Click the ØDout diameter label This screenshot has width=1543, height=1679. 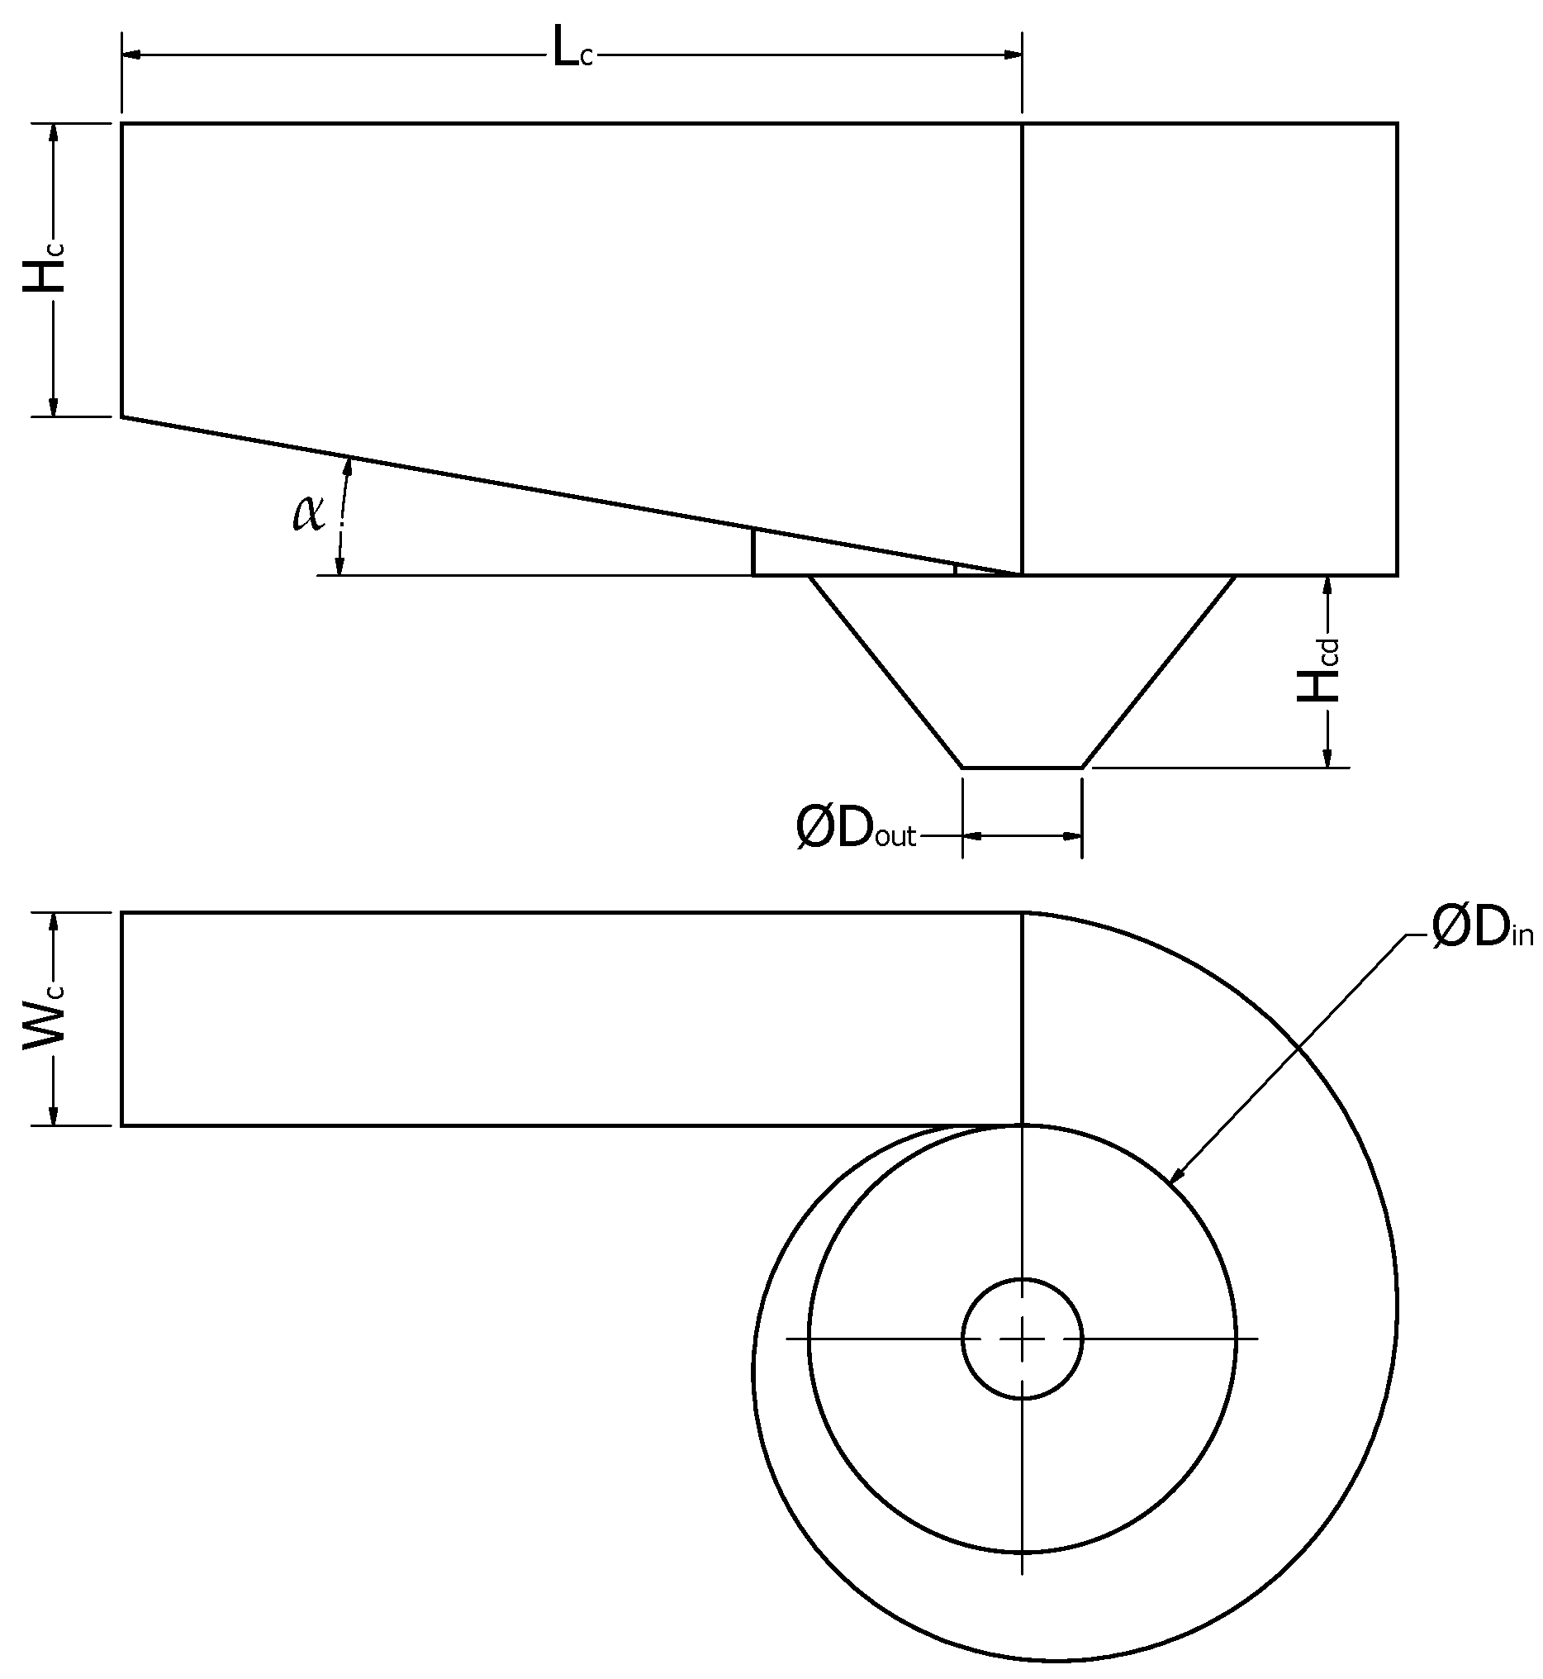pos(856,830)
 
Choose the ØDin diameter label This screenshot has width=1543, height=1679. pos(1482,929)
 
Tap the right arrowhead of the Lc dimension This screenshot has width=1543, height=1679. pos(1013,55)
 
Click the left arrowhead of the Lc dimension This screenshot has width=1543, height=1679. pos(132,55)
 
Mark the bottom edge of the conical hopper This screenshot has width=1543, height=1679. pos(1023,767)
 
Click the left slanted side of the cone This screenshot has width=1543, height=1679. pos(885,670)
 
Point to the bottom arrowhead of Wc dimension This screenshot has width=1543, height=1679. pos(55,1115)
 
